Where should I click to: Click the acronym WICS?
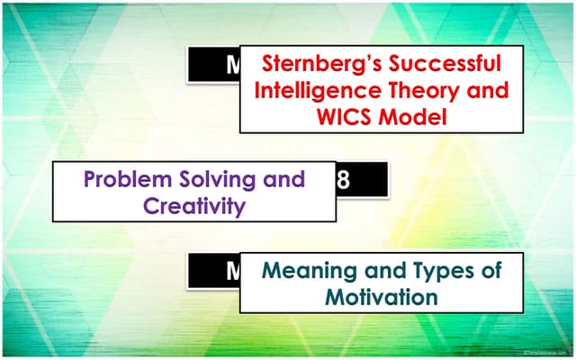point(334,117)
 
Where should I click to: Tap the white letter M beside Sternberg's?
point(229,65)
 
